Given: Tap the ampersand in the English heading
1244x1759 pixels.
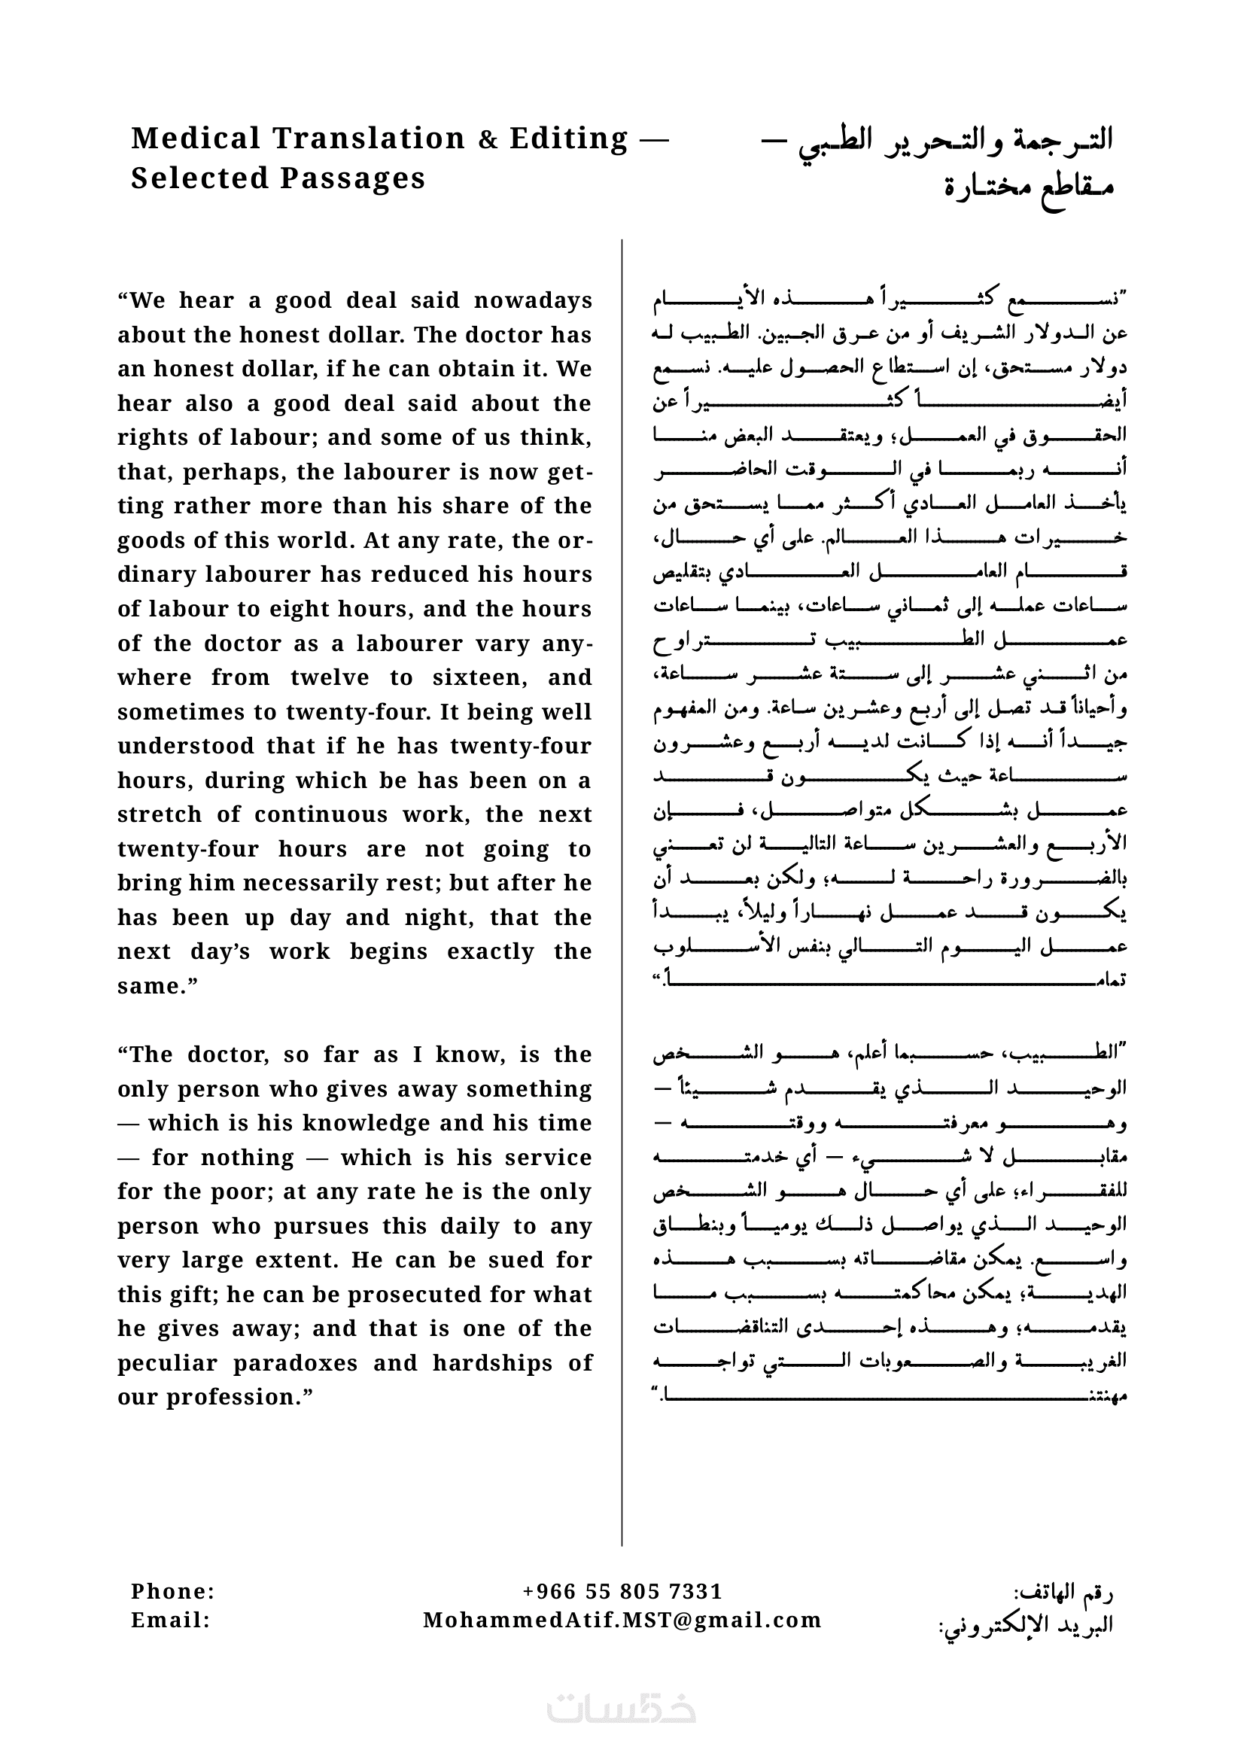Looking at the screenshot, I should (487, 139).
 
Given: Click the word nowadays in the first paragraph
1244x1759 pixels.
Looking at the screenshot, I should (533, 300).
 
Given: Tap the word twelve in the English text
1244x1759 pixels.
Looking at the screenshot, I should (330, 677).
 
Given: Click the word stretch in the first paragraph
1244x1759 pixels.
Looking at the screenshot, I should (160, 814).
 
